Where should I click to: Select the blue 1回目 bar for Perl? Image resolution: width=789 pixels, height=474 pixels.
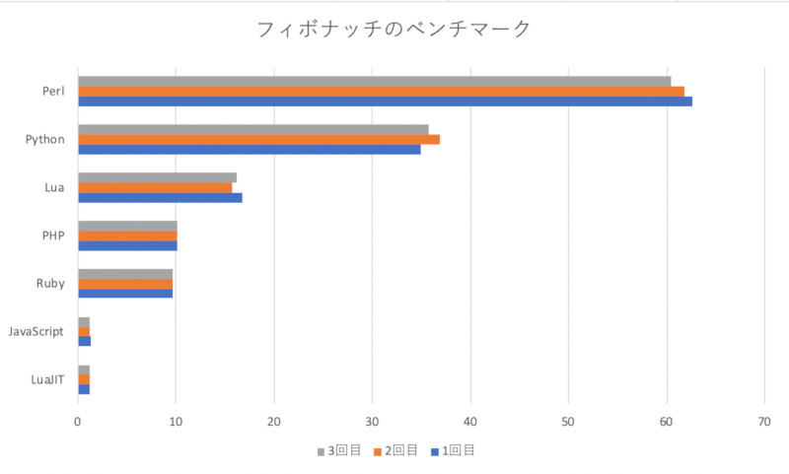(x=385, y=102)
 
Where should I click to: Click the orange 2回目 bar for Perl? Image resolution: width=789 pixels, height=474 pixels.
(x=381, y=92)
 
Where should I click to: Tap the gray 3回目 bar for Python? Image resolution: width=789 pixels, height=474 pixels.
(x=253, y=129)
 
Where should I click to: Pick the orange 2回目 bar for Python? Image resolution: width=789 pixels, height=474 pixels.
(x=258, y=139)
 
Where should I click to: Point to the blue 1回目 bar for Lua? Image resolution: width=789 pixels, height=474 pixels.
(x=160, y=197)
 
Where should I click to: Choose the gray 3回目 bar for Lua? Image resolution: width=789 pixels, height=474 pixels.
(x=157, y=177)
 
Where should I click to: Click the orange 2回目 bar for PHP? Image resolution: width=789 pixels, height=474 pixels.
(x=127, y=236)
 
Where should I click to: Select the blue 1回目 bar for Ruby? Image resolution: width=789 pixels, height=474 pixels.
(x=125, y=293)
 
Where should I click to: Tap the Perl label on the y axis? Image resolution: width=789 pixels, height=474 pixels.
(x=53, y=92)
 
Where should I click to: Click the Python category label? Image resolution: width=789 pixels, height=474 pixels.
(x=45, y=139)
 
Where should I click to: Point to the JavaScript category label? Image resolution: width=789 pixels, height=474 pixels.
(x=36, y=331)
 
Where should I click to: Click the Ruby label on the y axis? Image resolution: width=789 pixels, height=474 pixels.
(x=50, y=284)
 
